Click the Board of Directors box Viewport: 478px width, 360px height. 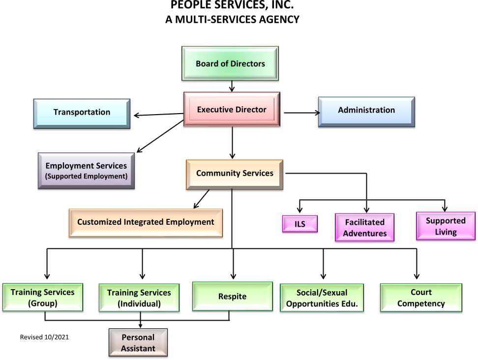coord(230,63)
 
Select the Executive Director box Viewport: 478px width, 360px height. coord(232,109)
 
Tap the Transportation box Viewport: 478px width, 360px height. coord(82,113)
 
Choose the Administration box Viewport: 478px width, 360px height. coord(366,111)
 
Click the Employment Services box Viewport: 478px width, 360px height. coord(86,170)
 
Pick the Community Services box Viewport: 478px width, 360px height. coord(235,174)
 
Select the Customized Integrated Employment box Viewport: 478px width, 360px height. coord(146,222)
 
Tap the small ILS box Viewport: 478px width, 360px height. coord(300,224)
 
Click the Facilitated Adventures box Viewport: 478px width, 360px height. coord(364,228)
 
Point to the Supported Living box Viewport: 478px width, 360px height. coord(446,226)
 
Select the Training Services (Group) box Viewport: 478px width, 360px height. coord(43,298)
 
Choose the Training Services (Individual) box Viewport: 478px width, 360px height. coord(139,298)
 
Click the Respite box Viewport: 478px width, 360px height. coord(232,297)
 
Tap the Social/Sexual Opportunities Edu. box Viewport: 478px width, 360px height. coord(322,298)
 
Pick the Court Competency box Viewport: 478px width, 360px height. coord(421,298)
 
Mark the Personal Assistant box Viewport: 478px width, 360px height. coord(138,343)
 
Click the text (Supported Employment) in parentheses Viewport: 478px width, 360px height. coord(86,176)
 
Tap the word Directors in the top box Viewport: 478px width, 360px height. coord(247,63)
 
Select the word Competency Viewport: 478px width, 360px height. coord(421,303)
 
